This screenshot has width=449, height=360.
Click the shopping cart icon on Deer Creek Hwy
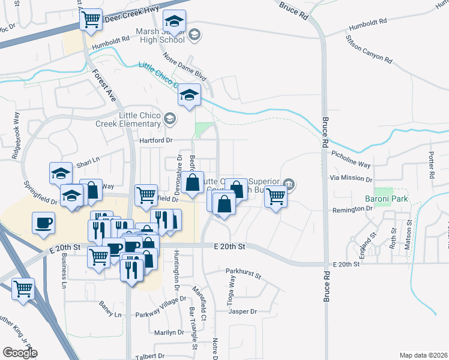point(91,19)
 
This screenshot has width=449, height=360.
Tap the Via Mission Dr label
point(352,179)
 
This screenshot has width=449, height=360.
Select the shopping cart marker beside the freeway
point(23,289)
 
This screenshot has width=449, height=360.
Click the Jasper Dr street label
point(243,311)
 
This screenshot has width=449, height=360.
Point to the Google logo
point(20,353)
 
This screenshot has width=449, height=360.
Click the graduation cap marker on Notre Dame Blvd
point(190,95)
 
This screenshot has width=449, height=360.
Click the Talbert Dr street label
point(151,355)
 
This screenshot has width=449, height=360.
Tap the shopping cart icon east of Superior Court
point(276,195)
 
